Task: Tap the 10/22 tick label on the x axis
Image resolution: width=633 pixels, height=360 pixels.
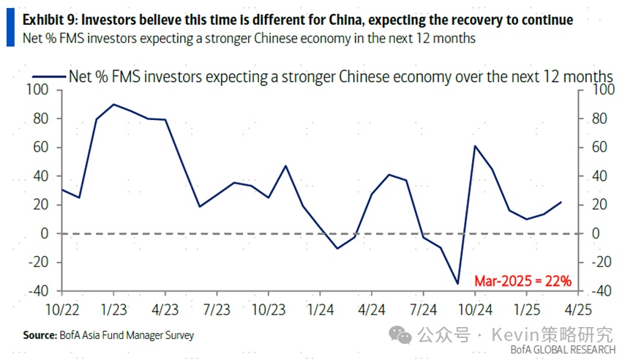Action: click(x=62, y=310)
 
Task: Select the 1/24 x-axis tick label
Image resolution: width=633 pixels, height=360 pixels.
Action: click(x=320, y=310)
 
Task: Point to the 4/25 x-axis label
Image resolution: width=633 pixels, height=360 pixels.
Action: click(x=578, y=310)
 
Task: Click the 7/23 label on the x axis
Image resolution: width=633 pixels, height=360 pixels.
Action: click(x=217, y=310)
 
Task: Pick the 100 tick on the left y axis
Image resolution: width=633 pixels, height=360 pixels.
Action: click(x=37, y=90)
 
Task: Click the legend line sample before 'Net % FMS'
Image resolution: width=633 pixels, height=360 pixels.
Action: click(x=48, y=76)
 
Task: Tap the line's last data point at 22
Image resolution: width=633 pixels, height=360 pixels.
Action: click(x=561, y=202)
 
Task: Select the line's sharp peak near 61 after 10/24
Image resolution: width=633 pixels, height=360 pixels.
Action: click(x=475, y=146)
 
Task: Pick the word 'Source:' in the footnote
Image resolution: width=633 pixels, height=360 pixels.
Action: click(x=39, y=335)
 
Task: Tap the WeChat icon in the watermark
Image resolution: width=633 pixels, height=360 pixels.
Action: click(x=400, y=334)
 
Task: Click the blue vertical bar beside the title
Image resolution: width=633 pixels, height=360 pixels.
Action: click(x=10, y=28)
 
